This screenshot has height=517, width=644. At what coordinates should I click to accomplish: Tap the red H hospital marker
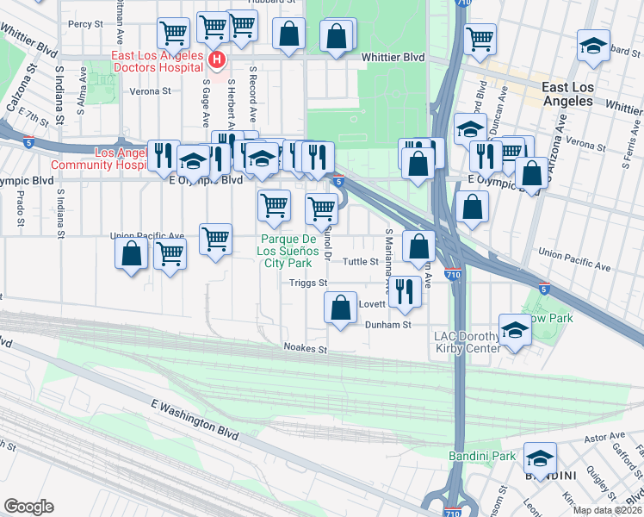[x=217, y=60]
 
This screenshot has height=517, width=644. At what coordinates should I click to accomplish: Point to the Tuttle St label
[x=361, y=261]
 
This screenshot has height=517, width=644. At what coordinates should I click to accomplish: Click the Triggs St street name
[x=308, y=283]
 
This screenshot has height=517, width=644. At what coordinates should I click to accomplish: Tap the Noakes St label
[x=306, y=349]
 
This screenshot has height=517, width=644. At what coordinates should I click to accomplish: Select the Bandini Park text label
[x=481, y=455]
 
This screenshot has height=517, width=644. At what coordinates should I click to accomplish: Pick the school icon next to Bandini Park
[x=540, y=458]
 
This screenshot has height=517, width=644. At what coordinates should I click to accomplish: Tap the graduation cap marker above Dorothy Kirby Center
[x=514, y=330]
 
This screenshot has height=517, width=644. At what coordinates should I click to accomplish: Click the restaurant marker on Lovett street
[x=405, y=290]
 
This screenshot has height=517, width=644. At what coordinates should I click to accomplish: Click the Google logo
[x=28, y=507]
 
